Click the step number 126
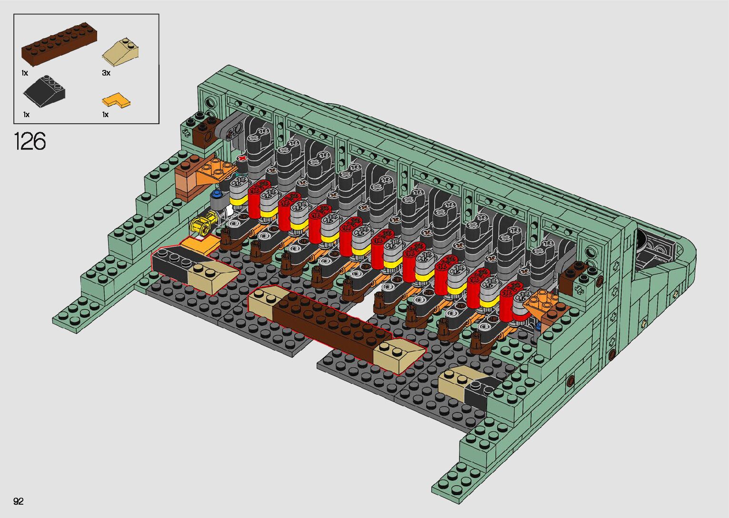(30, 141)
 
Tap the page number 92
(19, 501)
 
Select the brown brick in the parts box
(59, 44)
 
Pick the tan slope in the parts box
(122, 51)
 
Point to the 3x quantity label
(106, 73)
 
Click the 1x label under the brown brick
(25, 73)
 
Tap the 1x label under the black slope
(26, 115)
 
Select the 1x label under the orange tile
(105, 115)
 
